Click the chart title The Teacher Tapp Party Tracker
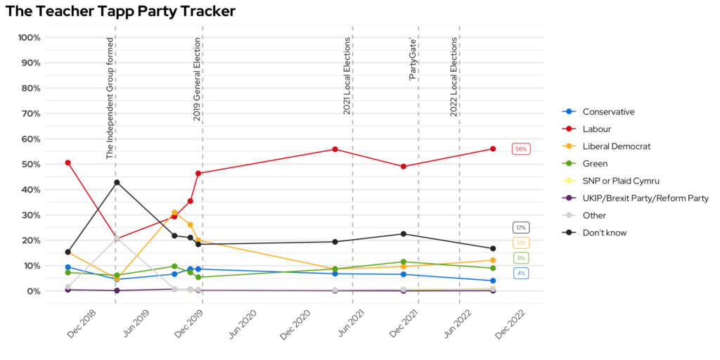(x=120, y=11)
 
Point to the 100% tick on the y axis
(x=29, y=37)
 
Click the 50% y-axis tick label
(x=31, y=165)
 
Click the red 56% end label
(x=520, y=149)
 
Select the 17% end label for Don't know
(x=520, y=228)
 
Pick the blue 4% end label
(x=520, y=274)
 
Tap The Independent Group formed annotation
(x=110, y=98)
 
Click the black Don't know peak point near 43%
(x=117, y=182)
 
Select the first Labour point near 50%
(x=67, y=162)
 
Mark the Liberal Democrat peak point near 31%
(x=174, y=212)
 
